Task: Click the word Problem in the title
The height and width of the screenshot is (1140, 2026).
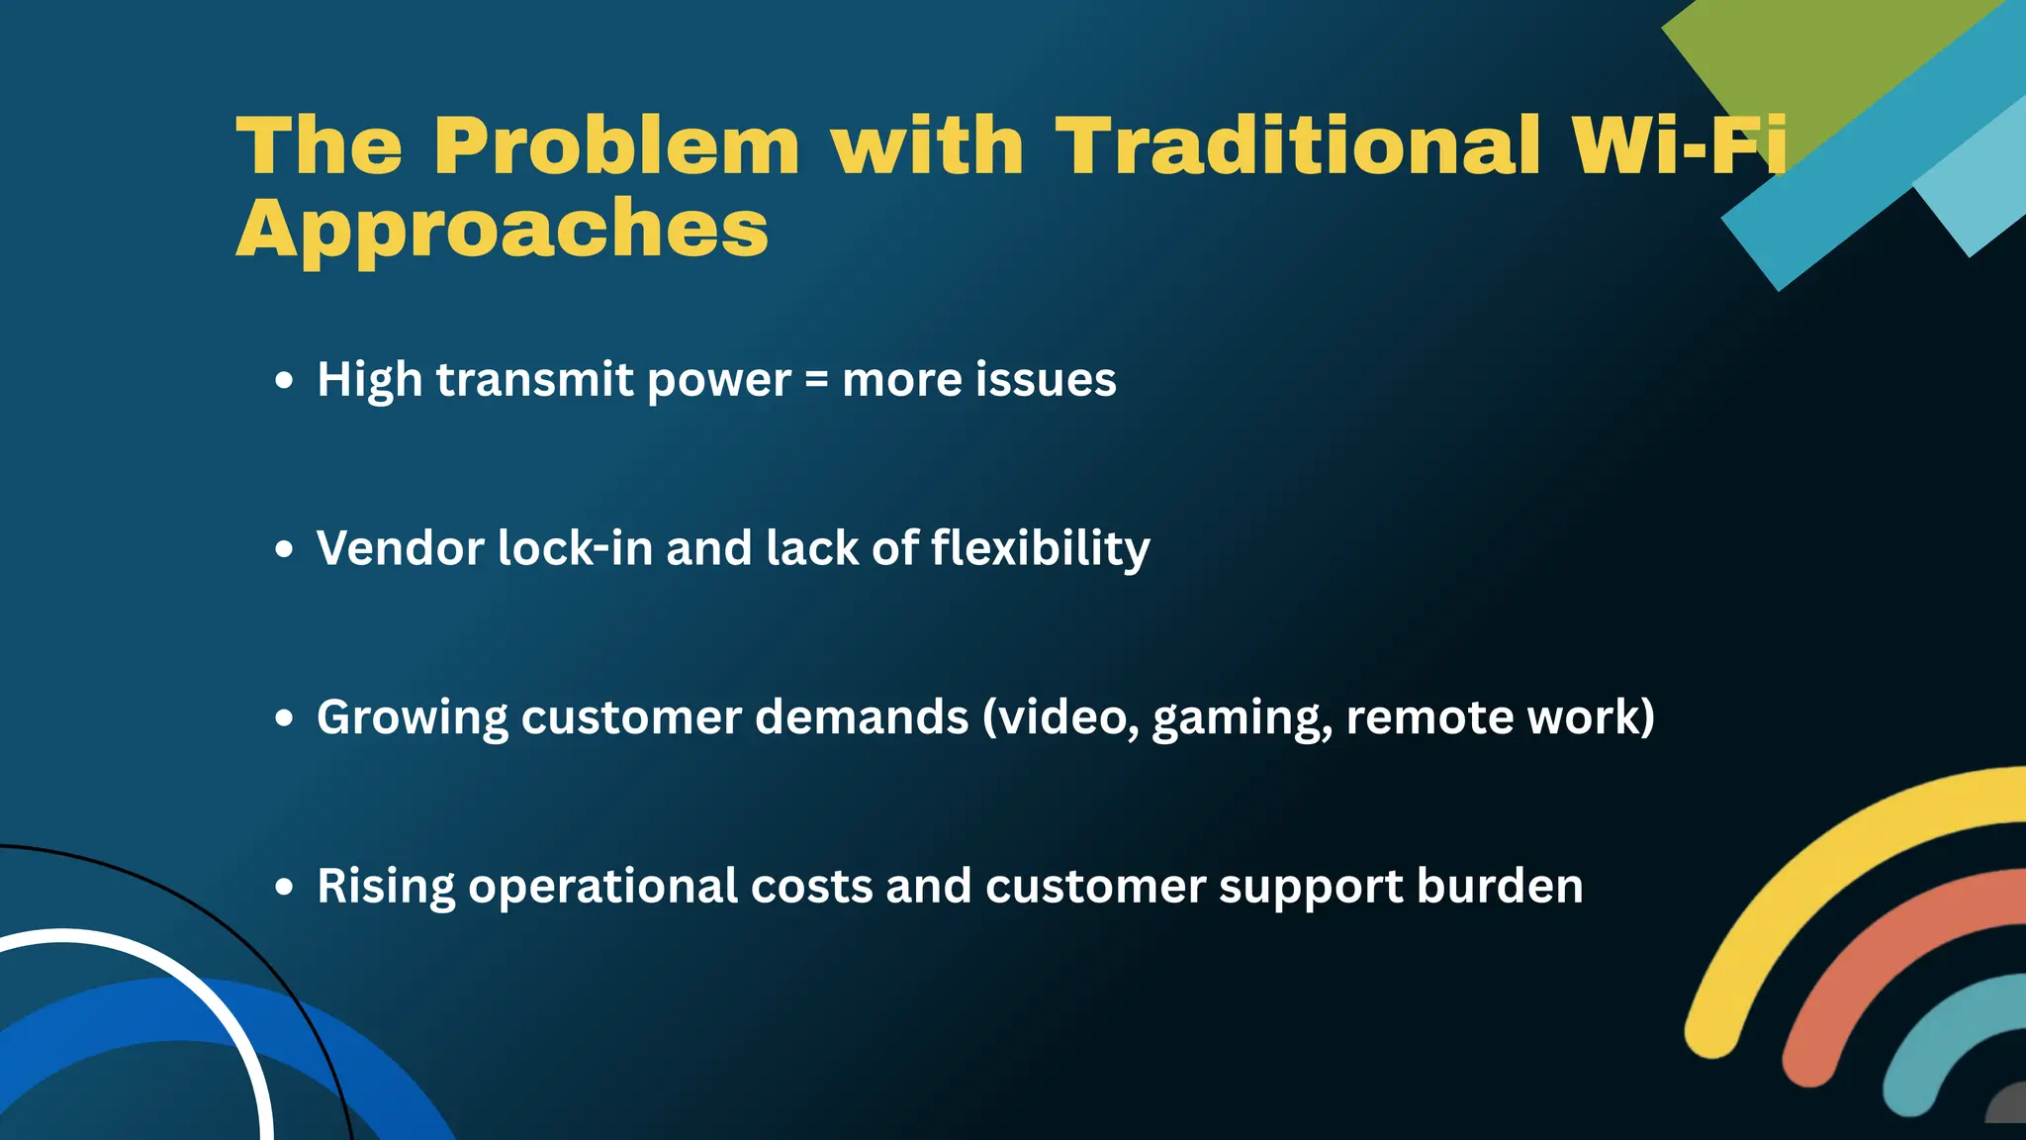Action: pyautogui.click(x=615, y=146)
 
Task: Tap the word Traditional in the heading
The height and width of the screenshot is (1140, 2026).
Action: pyautogui.click(x=1298, y=146)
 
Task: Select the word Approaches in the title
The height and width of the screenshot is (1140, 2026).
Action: pyautogui.click(x=502, y=230)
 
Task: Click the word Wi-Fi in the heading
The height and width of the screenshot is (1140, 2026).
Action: pyautogui.click(x=1679, y=146)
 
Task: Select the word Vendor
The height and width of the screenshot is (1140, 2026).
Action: pyautogui.click(x=400, y=548)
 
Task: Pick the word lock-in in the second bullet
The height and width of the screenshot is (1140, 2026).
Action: pyautogui.click(x=575, y=548)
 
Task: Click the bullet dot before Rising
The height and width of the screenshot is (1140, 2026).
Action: pyautogui.click(x=285, y=888)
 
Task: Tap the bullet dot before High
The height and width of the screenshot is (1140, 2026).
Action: pyautogui.click(x=285, y=381)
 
